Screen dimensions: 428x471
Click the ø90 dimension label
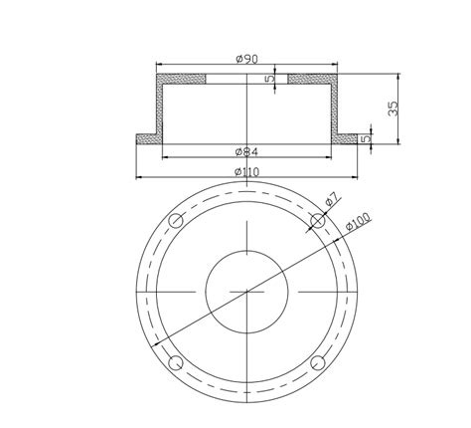click(246, 60)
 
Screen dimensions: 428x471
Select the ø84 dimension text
click(246, 151)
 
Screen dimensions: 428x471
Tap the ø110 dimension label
click(246, 171)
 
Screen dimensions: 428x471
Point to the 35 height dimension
click(392, 107)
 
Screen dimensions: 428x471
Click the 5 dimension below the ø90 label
click(270, 78)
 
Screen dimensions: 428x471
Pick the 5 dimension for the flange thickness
click(366, 138)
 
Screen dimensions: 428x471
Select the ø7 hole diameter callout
click(331, 200)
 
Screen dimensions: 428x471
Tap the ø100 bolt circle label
click(358, 225)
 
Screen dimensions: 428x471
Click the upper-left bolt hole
click(176, 220)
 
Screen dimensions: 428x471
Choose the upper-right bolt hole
click(317, 220)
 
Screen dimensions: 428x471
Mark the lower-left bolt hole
click(176, 361)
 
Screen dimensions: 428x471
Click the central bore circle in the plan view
click(246, 291)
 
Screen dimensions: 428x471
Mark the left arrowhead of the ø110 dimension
click(139, 178)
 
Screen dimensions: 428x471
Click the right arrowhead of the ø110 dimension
click(355, 178)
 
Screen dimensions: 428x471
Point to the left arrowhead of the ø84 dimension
click(164, 157)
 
